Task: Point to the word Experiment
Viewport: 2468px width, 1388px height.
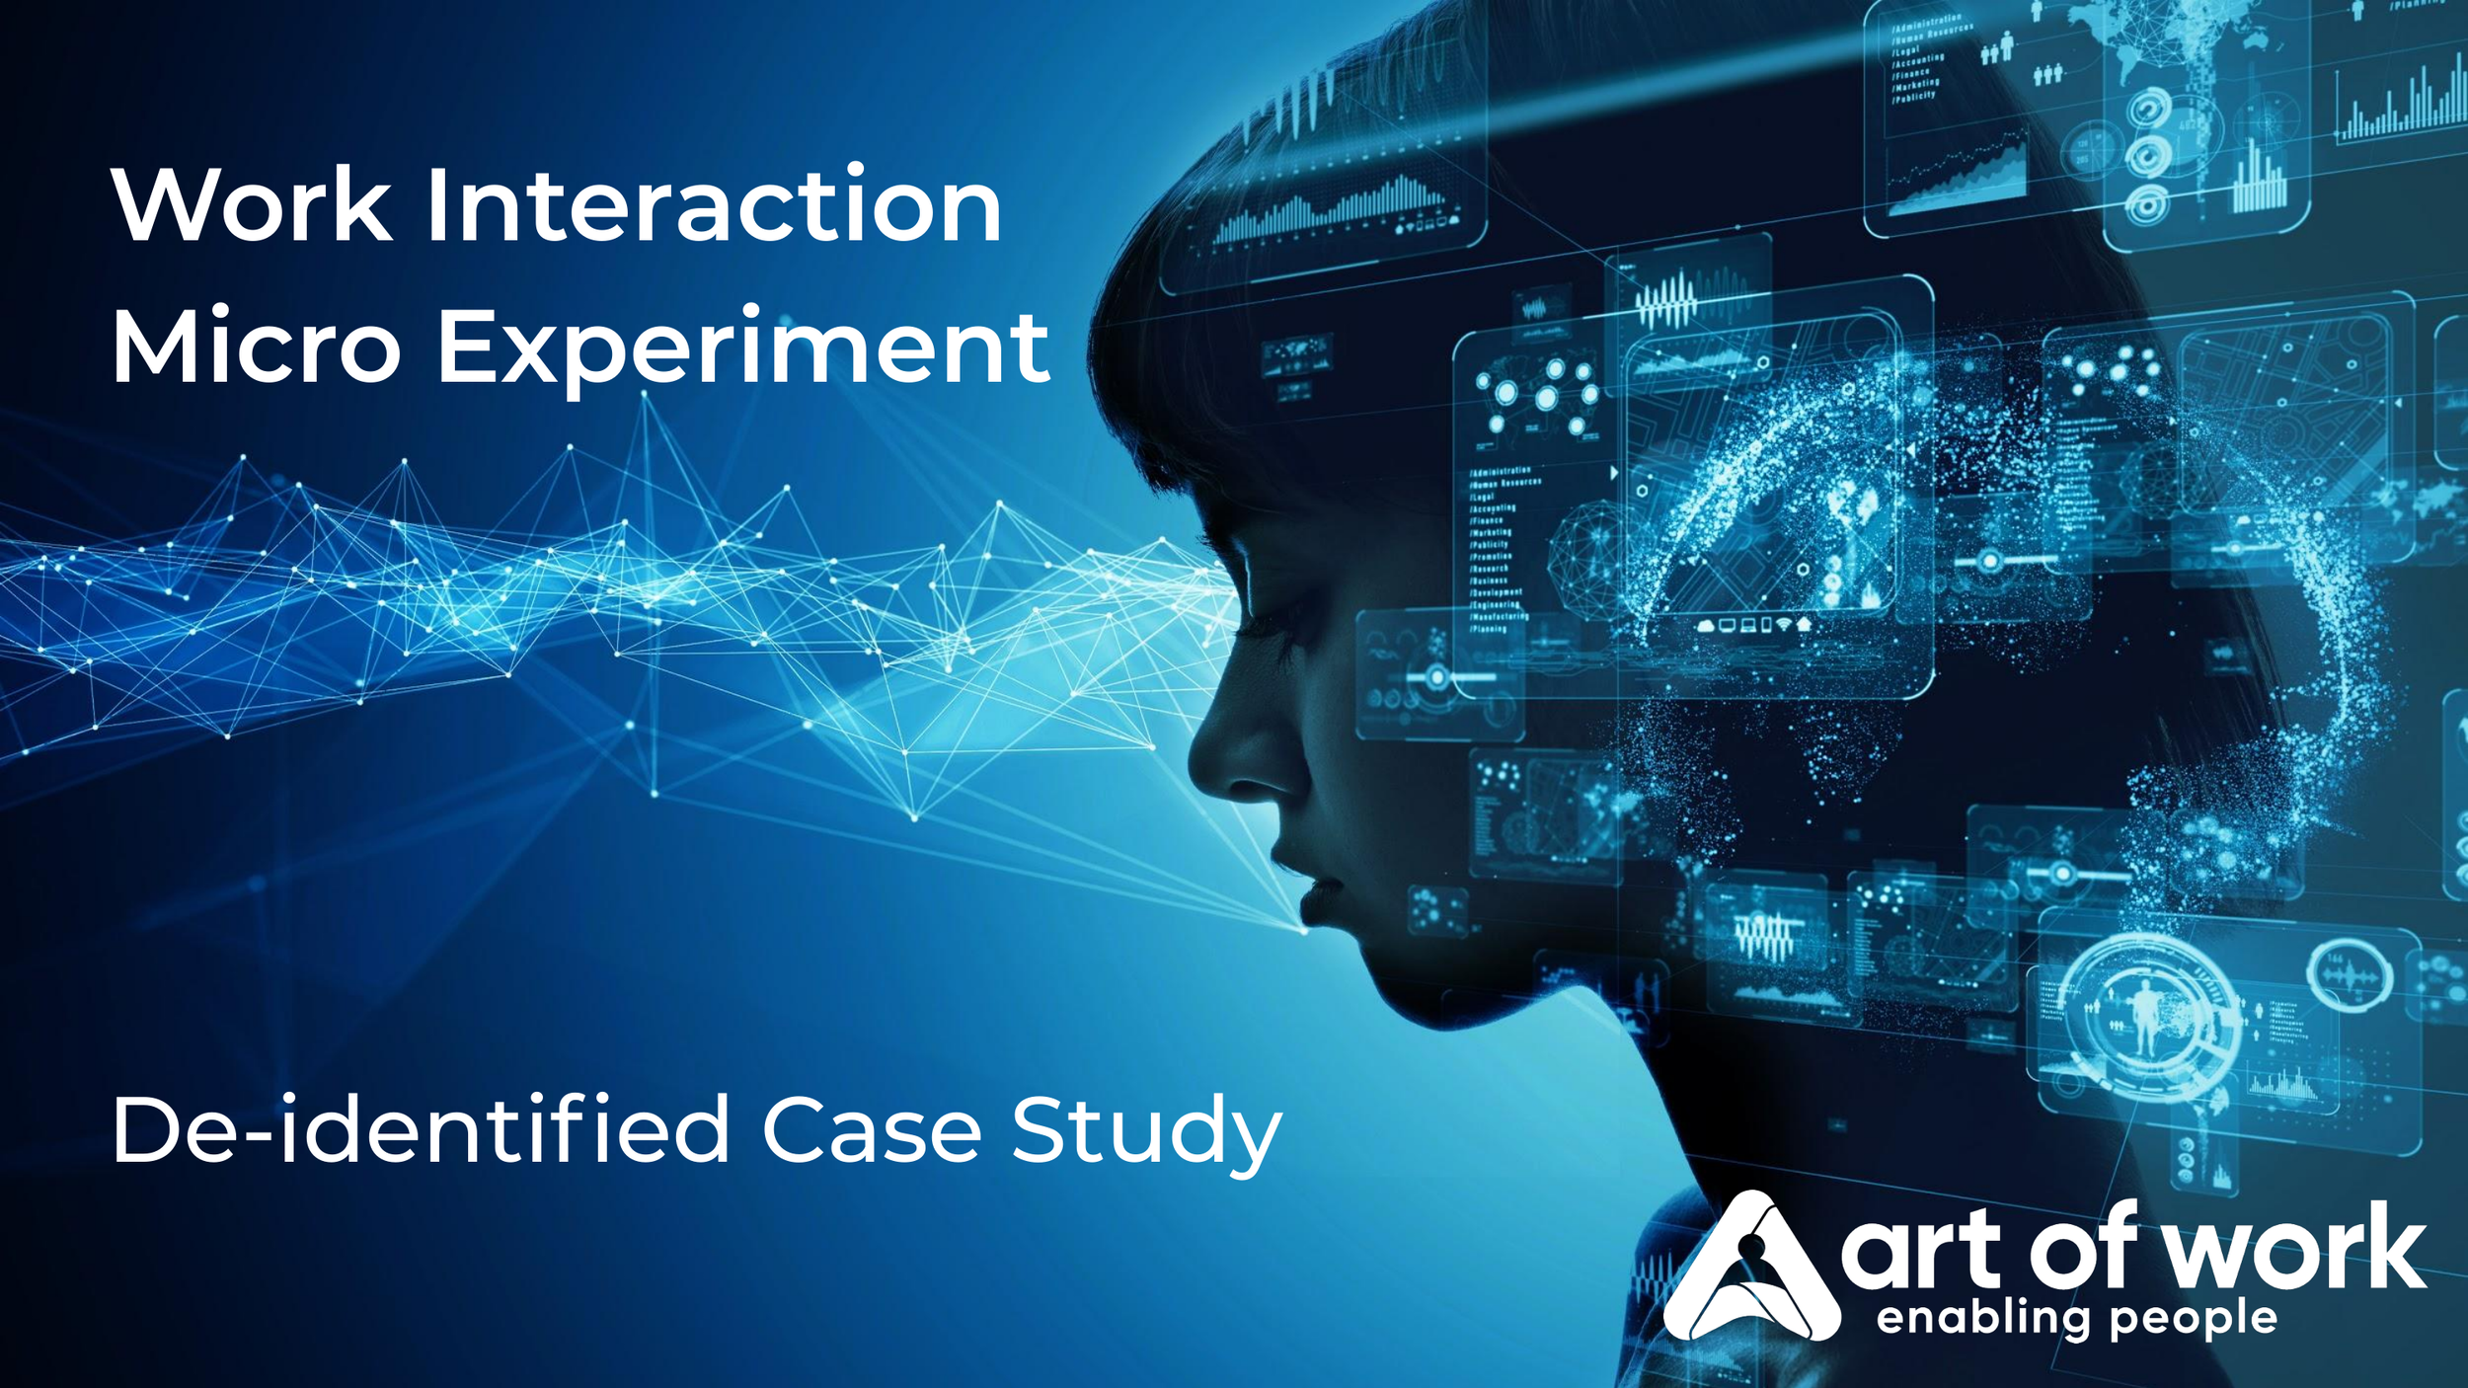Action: coord(742,347)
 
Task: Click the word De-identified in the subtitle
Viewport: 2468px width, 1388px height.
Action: coord(420,1130)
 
